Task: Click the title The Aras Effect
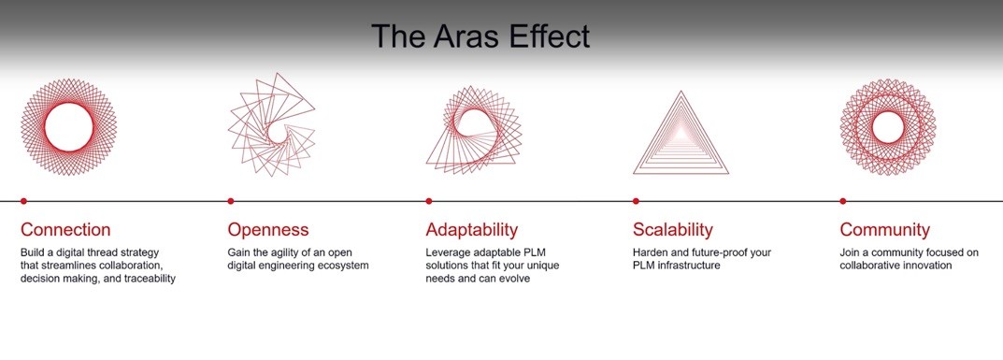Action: pos(480,36)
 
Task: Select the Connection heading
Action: pos(65,229)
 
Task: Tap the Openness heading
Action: pos(268,229)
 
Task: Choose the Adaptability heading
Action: pos(472,229)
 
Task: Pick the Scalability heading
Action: pos(673,229)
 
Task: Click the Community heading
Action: pos(884,229)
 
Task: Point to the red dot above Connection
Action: pos(23,201)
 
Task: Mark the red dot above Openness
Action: pos(231,201)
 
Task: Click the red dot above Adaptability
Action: pos(428,201)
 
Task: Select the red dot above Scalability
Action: pos(636,201)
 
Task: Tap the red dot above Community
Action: pos(843,201)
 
